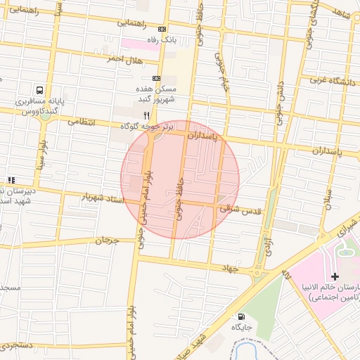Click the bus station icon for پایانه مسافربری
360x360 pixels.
pyautogui.click(x=39, y=91)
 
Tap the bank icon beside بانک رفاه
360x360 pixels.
pyautogui.click(x=163, y=30)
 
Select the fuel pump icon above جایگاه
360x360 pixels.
pyautogui.click(x=243, y=317)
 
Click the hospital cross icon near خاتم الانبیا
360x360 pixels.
pyautogui.click(x=335, y=276)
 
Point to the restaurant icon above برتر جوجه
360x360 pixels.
pyautogui.click(x=147, y=115)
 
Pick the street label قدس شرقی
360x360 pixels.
pyautogui.click(x=240, y=209)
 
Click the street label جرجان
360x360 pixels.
pyautogui.click(x=104, y=241)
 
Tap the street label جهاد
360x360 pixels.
pyautogui.click(x=231, y=268)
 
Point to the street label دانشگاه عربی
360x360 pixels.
pyautogui.click(x=331, y=80)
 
